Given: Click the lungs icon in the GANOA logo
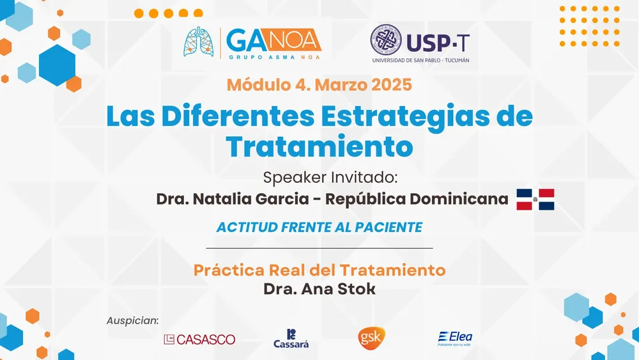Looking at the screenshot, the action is tap(199, 42).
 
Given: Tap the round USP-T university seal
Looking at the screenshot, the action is tap(385, 40).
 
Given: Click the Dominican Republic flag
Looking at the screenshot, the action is tap(535, 200).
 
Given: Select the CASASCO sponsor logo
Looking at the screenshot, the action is tap(199, 339).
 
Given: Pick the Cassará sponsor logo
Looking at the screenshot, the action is tap(291, 339).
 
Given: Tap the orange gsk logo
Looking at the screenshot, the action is tap(371, 338).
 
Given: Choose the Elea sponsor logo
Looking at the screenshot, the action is tap(455, 338).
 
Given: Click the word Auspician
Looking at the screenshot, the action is tap(132, 321).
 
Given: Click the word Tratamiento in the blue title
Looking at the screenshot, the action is tap(319, 147).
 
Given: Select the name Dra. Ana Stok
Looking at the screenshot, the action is tap(319, 289).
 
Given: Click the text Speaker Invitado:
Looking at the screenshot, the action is tap(330, 178).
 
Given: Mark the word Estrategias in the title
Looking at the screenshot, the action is tap(406, 116).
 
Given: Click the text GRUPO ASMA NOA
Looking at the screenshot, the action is tap(274, 57).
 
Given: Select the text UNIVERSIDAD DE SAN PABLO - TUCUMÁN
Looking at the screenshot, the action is tap(420, 60).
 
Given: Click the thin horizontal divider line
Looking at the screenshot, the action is tap(319, 248).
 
